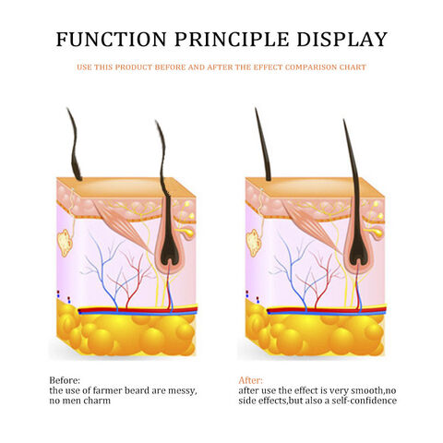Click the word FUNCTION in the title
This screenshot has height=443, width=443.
[111, 40]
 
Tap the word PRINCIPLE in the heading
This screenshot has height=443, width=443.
[232, 40]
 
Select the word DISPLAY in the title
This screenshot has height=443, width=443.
[341, 40]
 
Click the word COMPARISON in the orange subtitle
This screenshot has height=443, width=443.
[311, 67]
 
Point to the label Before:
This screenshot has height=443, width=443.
[65, 380]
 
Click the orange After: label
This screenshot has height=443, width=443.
[251, 380]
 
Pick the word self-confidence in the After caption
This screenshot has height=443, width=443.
[364, 401]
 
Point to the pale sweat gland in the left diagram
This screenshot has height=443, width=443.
[65, 243]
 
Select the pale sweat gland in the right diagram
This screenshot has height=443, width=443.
[254, 243]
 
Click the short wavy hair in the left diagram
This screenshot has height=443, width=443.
[74, 145]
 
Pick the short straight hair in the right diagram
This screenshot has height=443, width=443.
[263, 145]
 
